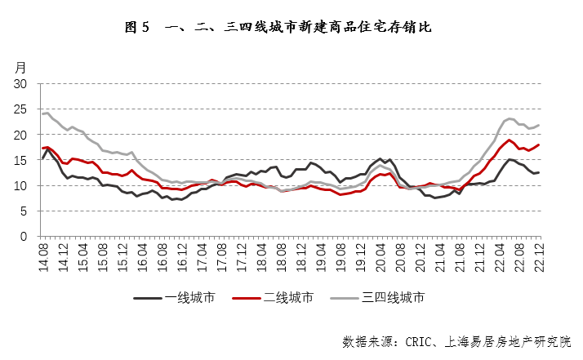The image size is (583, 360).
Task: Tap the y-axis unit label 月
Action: pos(21,67)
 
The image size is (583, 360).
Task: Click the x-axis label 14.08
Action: pos(42,256)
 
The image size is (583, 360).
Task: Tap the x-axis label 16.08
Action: pos(162,256)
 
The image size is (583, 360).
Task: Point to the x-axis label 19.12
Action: pos(363,256)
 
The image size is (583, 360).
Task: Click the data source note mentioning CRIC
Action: pos(457,340)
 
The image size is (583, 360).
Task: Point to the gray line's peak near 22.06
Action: pos(510,118)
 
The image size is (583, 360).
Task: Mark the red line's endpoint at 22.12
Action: pos(539,144)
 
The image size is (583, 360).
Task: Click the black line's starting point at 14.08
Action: pos(42,158)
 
